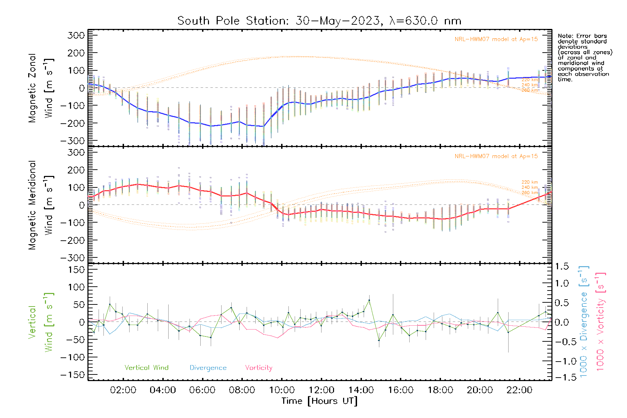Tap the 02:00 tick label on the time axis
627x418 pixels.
pyautogui.click(x=123, y=390)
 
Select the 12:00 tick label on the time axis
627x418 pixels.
pyautogui.click(x=322, y=390)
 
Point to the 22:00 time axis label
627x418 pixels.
pyautogui.click(x=519, y=390)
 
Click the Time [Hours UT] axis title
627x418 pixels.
pyautogui.click(x=319, y=401)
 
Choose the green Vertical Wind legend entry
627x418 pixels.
pyautogui.click(x=146, y=367)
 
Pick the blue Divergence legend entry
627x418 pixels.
pyautogui.click(x=208, y=368)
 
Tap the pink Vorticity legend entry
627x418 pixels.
pyautogui.click(x=258, y=367)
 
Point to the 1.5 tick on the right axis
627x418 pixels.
pyautogui.click(x=562, y=266)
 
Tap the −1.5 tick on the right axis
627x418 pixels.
pyautogui.click(x=562, y=377)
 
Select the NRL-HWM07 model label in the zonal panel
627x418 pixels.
pyautogui.click(x=496, y=39)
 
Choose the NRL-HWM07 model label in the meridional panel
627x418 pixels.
pyautogui.click(x=496, y=156)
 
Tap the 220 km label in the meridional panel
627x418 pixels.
pyautogui.click(x=529, y=182)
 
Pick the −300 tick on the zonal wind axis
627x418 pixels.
pyautogui.click(x=72, y=141)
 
